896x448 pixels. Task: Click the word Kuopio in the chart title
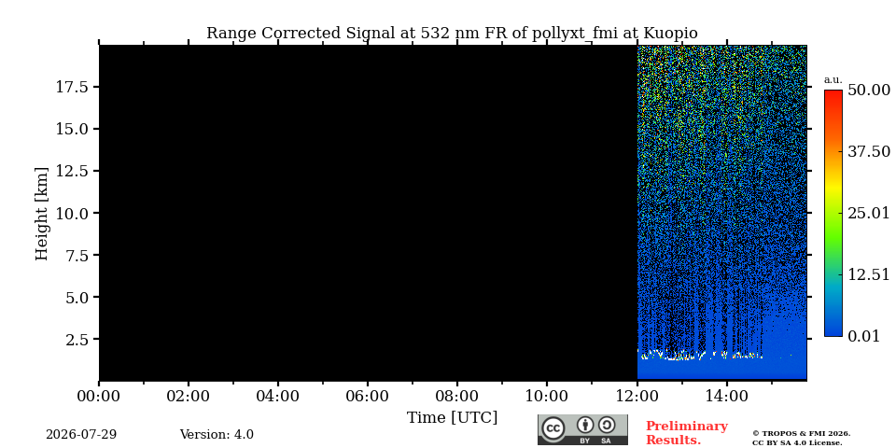pyautogui.click(x=670, y=34)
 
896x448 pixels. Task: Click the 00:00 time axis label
pyautogui.click(x=99, y=397)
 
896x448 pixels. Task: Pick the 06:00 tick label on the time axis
pyautogui.click(x=368, y=397)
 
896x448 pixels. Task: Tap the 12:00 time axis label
pyautogui.click(x=636, y=397)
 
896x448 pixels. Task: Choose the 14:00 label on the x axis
pyautogui.click(x=726, y=397)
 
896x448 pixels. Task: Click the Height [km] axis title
pyautogui.click(x=42, y=214)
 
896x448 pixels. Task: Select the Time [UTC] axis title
pyautogui.click(x=452, y=418)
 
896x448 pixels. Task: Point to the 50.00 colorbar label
pyautogui.click(x=869, y=90)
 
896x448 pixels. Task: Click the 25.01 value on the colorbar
pyautogui.click(x=869, y=214)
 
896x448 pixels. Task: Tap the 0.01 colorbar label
pyautogui.click(x=864, y=336)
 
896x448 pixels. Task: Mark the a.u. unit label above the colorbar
pyautogui.click(x=833, y=80)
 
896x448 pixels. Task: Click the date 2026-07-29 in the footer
pyautogui.click(x=81, y=435)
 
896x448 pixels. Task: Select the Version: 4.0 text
pyautogui.click(x=217, y=435)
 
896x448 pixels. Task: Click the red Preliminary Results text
pyautogui.click(x=687, y=433)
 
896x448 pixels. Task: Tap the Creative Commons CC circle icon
pyautogui.click(x=553, y=428)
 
